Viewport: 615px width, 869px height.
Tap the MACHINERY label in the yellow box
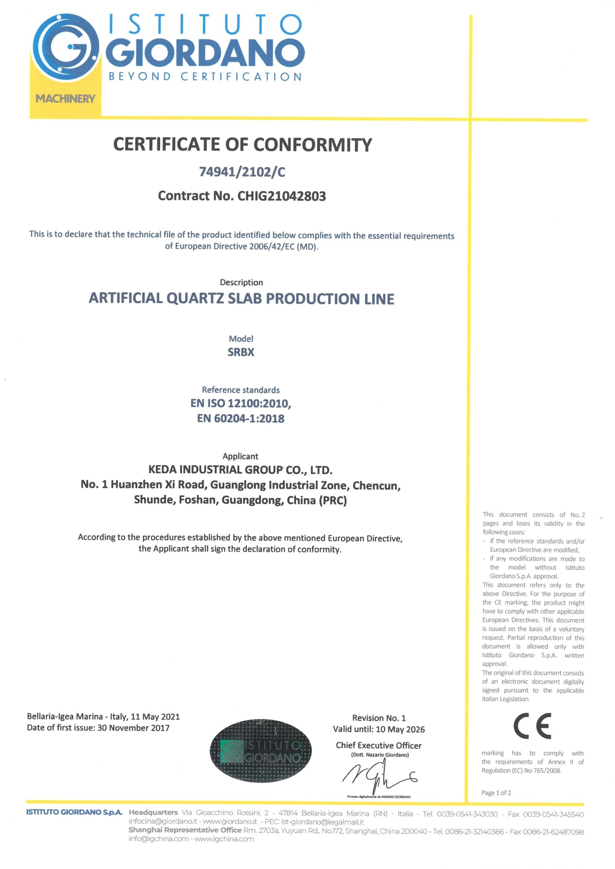tap(65, 99)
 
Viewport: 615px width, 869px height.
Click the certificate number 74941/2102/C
tap(242, 172)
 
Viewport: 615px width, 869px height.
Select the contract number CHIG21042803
tap(281, 196)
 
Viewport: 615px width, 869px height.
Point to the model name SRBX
tap(241, 352)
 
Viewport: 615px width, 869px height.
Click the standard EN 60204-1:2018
tap(241, 419)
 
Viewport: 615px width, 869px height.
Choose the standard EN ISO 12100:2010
tap(241, 404)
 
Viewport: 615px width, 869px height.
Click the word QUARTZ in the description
tap(195, 299)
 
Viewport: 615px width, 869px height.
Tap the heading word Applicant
tap(240, 456)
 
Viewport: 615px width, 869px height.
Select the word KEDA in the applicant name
tap(163, 470)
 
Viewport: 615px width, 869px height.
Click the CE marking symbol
tap(532, 726)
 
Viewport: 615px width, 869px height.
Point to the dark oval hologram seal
tap(260, 751)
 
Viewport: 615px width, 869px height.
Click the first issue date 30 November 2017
tap(133, 728)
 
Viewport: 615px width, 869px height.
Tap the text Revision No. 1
tap(379, 718)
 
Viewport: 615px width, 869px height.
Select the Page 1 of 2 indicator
tap(496, 793)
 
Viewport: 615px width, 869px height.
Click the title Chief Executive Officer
tap(379, 745)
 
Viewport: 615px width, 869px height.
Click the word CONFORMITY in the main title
tap(313, 145)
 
